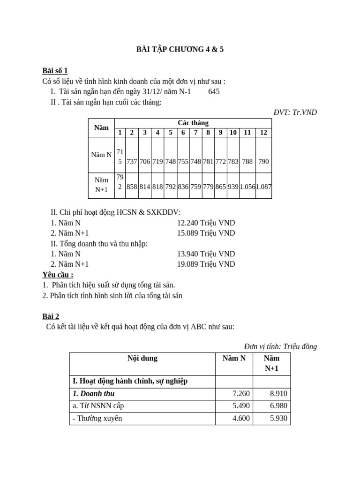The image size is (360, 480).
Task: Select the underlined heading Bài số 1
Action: coord(55,70)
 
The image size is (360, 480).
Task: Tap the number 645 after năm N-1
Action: coord(214,91)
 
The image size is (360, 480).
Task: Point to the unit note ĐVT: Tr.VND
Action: coord(295,112)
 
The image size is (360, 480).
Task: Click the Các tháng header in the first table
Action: coord(193,123)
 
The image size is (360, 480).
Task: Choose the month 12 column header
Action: coord(263,133)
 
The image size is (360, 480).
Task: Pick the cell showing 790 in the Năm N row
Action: coord(263,161)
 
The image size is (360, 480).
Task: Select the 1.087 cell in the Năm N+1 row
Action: coord(263,187)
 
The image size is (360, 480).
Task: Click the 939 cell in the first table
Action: coord(233,187)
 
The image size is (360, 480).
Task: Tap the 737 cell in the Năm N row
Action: coord(132,161)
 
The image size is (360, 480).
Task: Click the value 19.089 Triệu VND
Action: coord(206,264)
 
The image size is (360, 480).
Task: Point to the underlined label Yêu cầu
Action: coord(58,275)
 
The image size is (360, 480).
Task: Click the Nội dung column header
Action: coord(142,359)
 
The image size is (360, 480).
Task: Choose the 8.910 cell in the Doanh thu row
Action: coord(278,394)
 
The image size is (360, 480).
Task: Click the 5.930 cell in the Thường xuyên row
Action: coord(278,418)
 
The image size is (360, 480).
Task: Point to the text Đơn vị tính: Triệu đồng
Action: coord(280,346)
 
